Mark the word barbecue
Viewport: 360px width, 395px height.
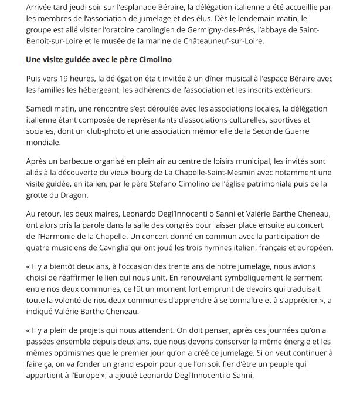coord(76,160)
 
